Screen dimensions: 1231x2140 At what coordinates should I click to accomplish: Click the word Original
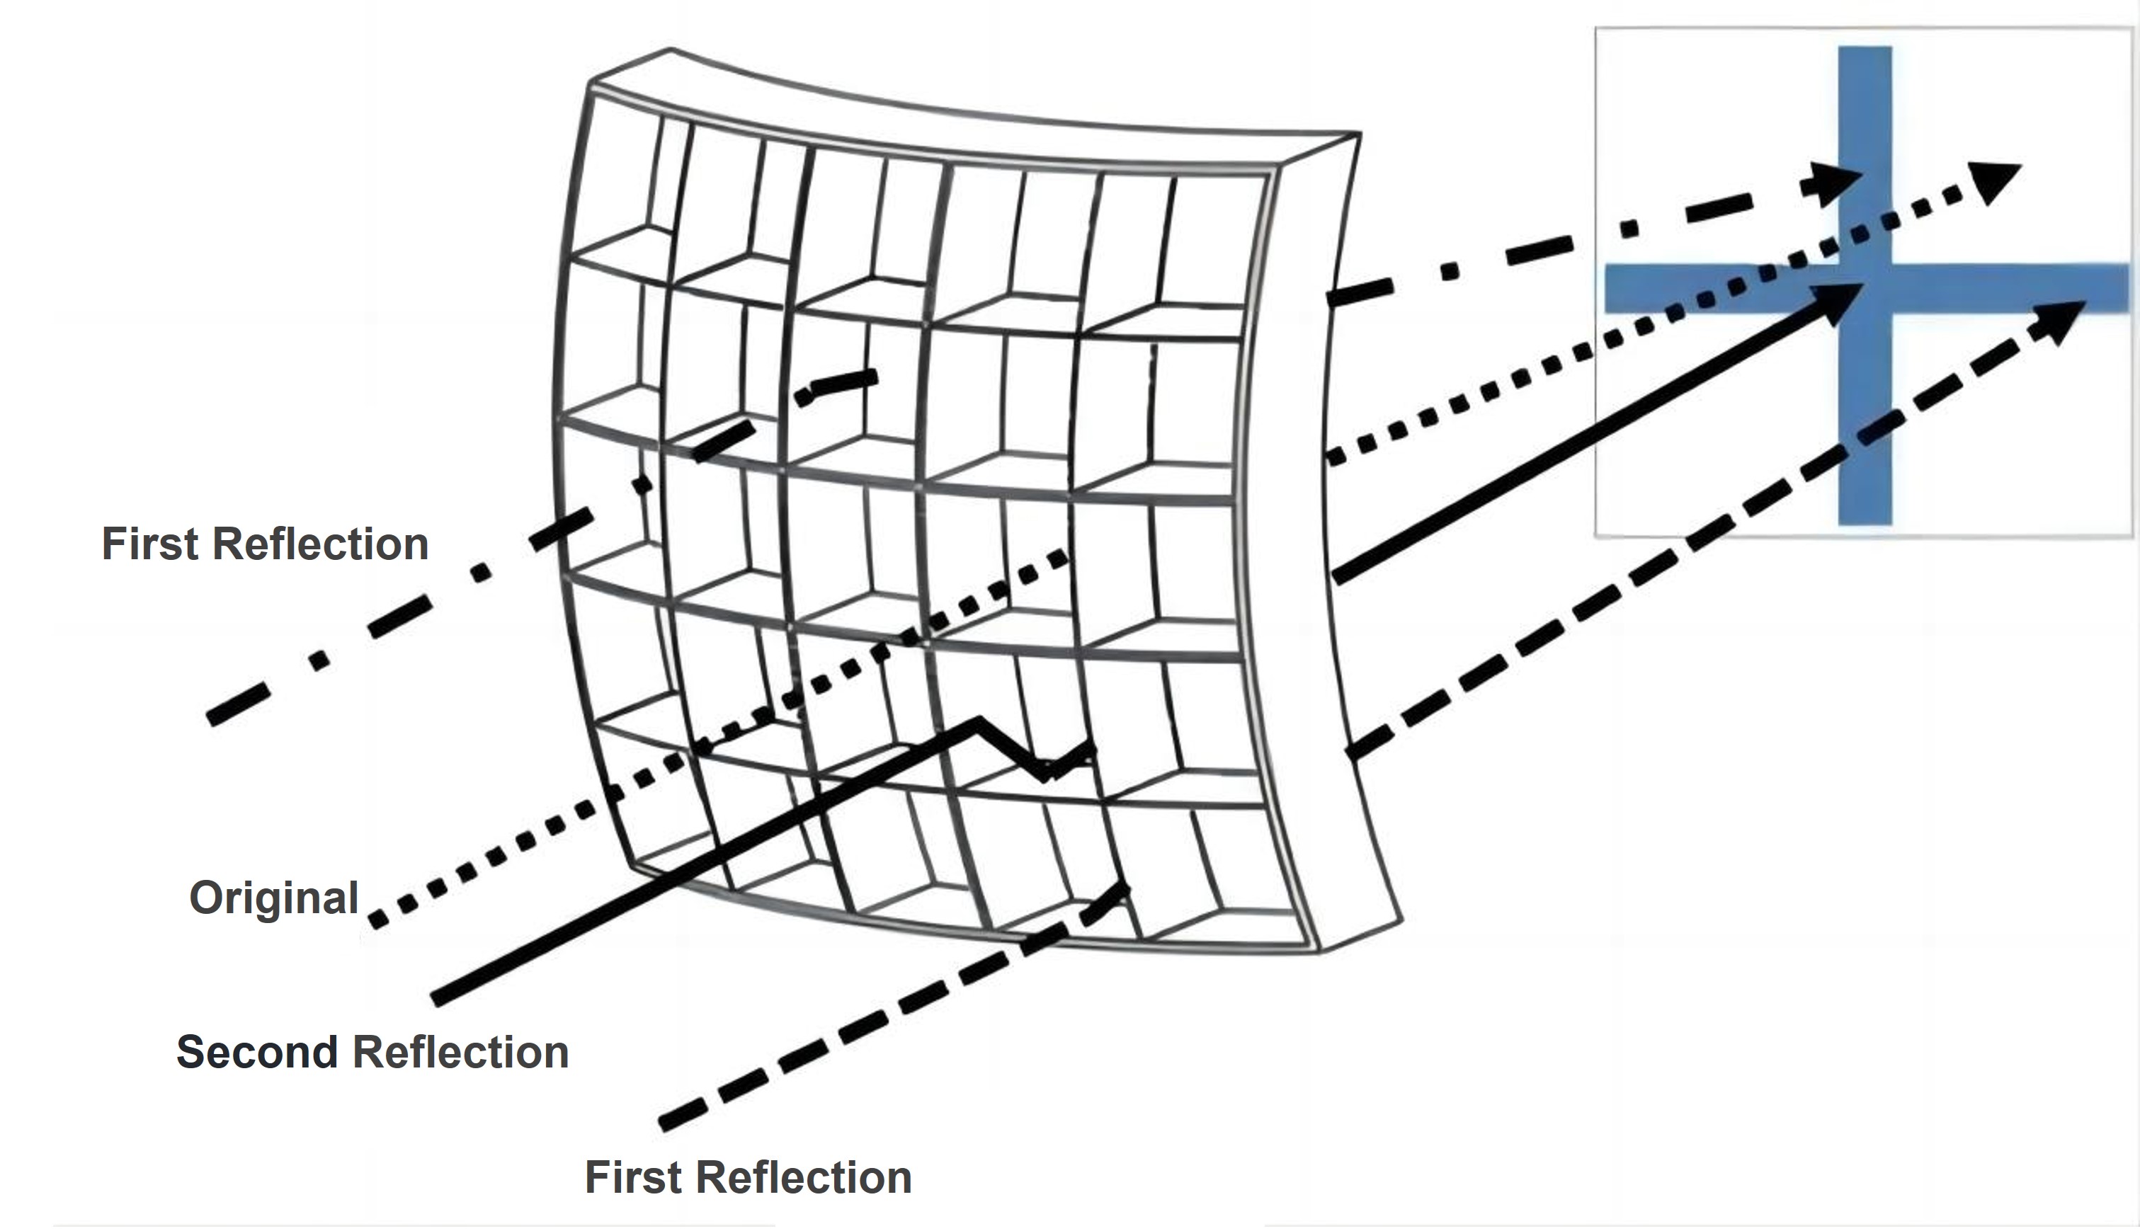[x=274, y=898]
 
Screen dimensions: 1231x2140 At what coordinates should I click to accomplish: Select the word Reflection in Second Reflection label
[x=460, y=1053]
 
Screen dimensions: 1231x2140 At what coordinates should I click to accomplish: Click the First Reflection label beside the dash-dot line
[x=265, y=544]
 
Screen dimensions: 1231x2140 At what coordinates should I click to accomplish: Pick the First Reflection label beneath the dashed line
[x=749, y=1178]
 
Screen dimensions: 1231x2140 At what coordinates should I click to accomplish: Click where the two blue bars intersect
[x=1865, y=288]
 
